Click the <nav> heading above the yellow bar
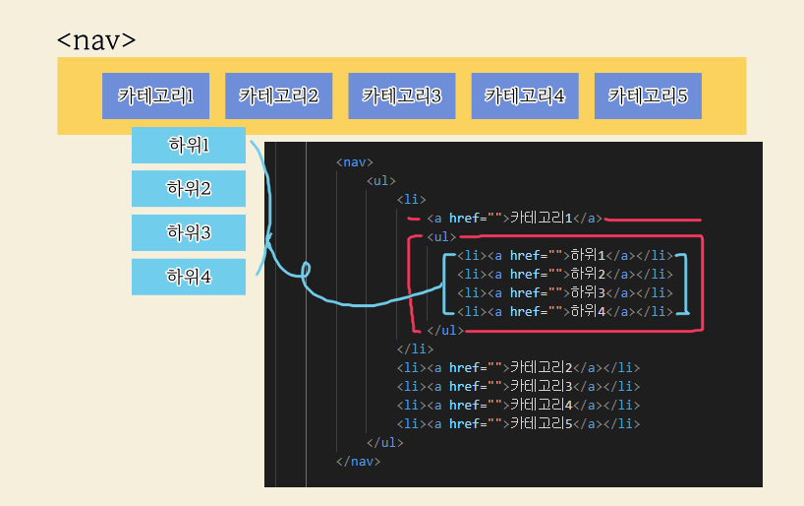(95, 41)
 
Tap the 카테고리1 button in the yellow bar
(155, 95)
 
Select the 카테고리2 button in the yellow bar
(278, 95)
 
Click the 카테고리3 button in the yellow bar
(401, 95)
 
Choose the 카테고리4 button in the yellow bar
(524, 95)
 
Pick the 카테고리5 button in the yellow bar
(648, 95)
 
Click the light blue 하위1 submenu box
(189, 146)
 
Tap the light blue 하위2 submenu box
(189, 188)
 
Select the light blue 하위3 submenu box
(189, 232)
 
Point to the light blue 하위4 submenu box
(189, 277)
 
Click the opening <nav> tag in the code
(355, 162)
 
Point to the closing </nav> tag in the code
(358, 461)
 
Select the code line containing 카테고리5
(518, 423)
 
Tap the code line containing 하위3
(564, 292)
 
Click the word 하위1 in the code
(589, 256)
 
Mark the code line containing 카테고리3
(518, 386)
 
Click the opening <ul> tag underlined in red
(442, 237)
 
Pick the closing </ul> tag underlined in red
(444, 330)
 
